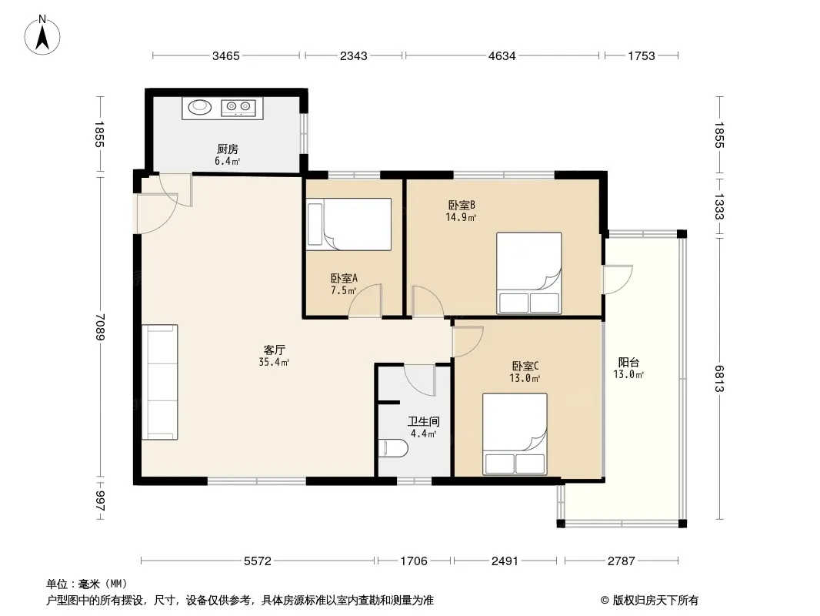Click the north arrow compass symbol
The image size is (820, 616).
[x=42, y=35]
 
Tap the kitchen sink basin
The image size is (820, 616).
[x=200, y=107]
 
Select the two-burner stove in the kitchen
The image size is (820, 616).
[x=238, y=107]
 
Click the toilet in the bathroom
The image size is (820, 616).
[x=393, y=448]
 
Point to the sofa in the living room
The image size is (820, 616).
[x=160, y=382]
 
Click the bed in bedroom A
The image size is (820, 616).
[x=348, y=224]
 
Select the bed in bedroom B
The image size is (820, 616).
[x=528, y=273]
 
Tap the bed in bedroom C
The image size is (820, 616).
[x=515, y=434]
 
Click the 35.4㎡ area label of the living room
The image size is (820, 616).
[x=274, y=362]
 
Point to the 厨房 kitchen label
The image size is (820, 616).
[x=228, y=149]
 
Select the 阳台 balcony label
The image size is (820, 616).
[x=628, y=362]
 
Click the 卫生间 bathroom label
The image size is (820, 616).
[x=424, y=421]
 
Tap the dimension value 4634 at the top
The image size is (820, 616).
[x=502, y=55]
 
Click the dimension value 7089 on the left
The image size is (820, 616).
[x=101, y=326]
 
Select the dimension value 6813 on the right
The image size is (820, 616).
[x=719, y=378]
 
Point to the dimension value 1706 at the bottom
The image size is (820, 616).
[x=414, y=561]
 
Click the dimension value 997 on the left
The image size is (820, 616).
[x=101, y=500]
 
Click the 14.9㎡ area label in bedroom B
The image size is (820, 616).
[x=461, y=217]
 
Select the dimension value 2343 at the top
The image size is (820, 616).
[x=354, y=55]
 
